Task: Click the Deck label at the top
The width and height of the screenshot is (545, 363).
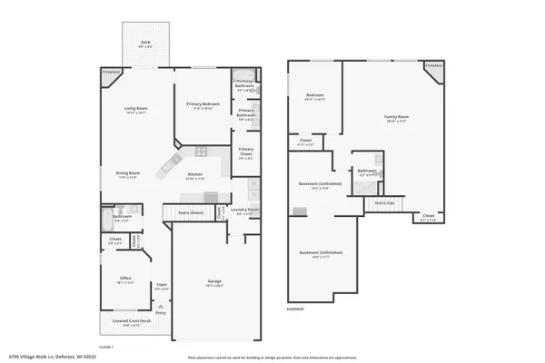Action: (144, 43)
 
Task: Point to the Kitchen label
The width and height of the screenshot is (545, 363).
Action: (195, 174)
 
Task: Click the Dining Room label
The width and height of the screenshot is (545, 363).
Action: (127, 173)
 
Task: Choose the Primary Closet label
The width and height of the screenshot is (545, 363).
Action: (246, 152)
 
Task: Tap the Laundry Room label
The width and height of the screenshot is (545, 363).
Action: (245, 211)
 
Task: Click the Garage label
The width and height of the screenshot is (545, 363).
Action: (214, 283)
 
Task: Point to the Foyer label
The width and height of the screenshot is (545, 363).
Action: (162, 287)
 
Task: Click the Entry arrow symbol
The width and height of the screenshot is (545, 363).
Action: (161, 308)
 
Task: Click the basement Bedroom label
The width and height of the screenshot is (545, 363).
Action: (315, 95)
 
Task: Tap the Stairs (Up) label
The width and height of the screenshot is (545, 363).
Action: (386, 203)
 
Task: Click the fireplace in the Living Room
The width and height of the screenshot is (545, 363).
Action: (110, 74)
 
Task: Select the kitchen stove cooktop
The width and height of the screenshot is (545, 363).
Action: (169, 165)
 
